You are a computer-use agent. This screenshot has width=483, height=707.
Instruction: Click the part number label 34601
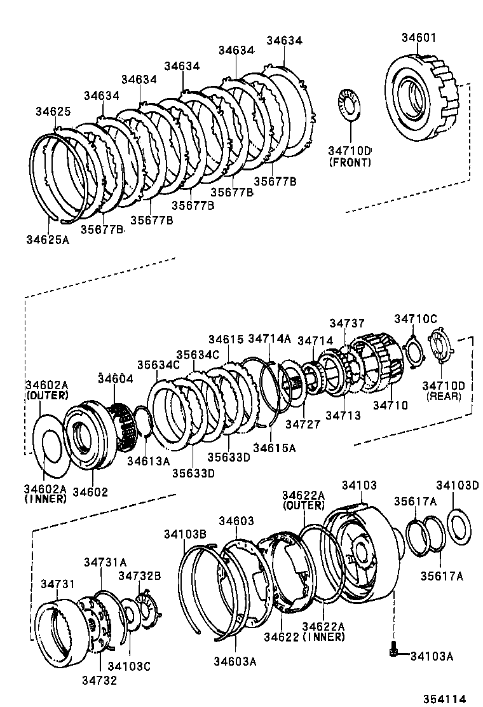(418, 38)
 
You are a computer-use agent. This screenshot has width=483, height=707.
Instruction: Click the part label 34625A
(48, 239)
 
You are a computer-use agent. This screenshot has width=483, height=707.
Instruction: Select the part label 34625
(53, 111)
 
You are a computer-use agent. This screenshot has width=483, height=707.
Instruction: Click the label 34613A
(149, 460)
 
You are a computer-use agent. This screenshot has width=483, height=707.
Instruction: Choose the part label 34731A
(105, 561)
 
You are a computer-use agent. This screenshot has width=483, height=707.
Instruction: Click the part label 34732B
(140, 575)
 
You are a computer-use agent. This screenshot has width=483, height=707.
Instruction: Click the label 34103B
(184, 533)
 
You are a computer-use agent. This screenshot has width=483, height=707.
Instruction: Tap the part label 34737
(347, 324)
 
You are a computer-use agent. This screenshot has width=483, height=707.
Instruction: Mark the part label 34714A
(269, 338)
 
